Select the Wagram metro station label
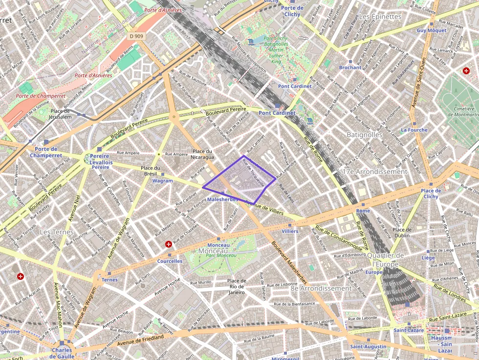tap(163, 181)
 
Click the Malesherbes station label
tap(222, 199)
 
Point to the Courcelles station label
tap(170, 261)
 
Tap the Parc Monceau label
tap(218, 255)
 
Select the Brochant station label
tap(350, 68)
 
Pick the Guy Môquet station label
tap(431, 30)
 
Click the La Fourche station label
tap(414, 130)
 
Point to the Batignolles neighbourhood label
tap(364, 134)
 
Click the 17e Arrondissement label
tap(375, 172)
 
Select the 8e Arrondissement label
tap(321, 288)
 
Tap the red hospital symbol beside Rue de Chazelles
tap(169, 244)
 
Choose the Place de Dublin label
tap(401, 233)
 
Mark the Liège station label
tap(428, 257)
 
